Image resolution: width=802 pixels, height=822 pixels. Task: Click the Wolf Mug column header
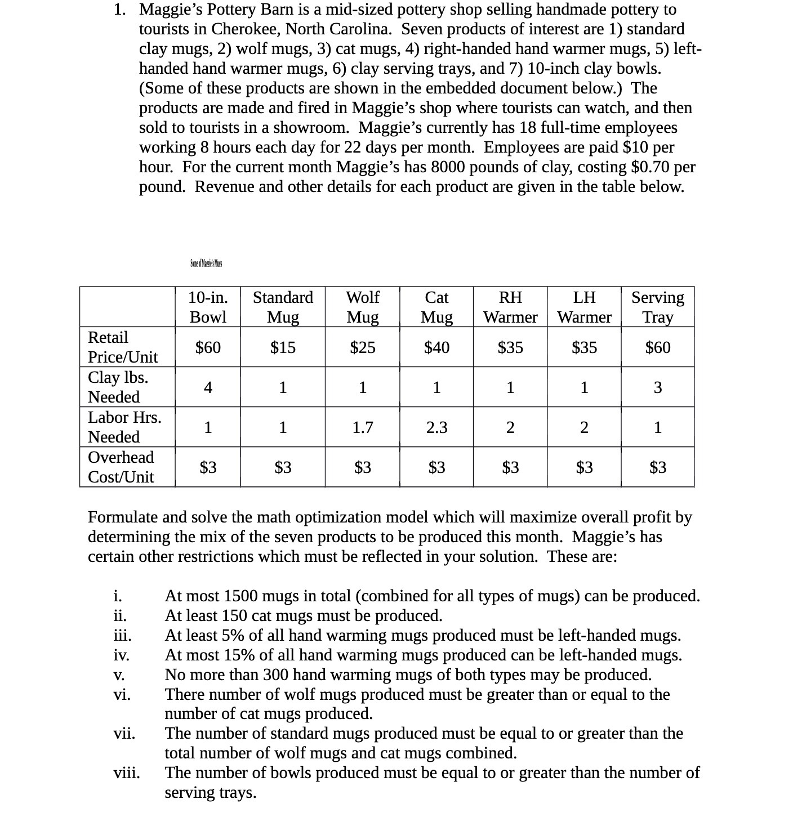coord(362,307)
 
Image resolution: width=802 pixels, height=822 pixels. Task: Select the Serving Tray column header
coord(657,307)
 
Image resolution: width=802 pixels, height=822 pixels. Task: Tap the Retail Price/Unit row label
coord(123,347)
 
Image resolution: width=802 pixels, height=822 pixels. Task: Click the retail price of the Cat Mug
coord(436,347)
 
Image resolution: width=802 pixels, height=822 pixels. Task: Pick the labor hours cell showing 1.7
coord(362,427)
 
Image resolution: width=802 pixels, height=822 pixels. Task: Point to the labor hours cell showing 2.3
coord(436,427)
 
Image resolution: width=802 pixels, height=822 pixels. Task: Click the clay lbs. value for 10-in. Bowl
coord(208,387)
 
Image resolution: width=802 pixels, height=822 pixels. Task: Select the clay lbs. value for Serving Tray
coord(657,387)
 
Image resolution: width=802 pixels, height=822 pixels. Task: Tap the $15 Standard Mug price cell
coord(283,347)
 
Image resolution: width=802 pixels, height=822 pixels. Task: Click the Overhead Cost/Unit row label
coord(121,467)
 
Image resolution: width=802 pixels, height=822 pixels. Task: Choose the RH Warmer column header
coord(510,307)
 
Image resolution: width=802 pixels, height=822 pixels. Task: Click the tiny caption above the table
coord(206,263)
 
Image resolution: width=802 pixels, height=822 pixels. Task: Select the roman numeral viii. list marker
coord(127,773)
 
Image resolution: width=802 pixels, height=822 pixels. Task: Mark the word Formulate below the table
coord(123,517)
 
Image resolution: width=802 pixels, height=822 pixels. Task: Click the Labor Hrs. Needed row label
coord(124,427)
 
